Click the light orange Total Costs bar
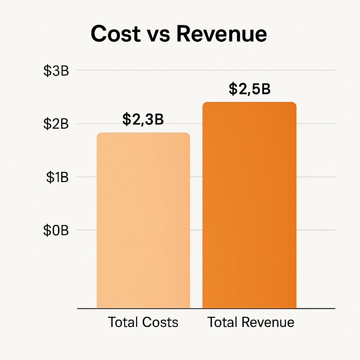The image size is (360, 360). click(x=143, y=220)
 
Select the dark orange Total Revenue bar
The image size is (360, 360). click(x=249, y=205)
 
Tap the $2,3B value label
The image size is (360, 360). click(x=143, y=119)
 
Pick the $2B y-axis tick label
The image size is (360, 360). click(x=56, y=124)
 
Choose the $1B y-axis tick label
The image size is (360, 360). click(x=57, y=177)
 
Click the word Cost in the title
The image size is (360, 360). click(x=114, y=34)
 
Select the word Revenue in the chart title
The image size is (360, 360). click(x=221, y=34)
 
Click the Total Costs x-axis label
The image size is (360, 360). click(x=143, y=322)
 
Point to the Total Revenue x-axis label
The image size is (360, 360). click(x=251, y=322)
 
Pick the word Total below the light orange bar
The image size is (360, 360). click(x=123, y=322)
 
